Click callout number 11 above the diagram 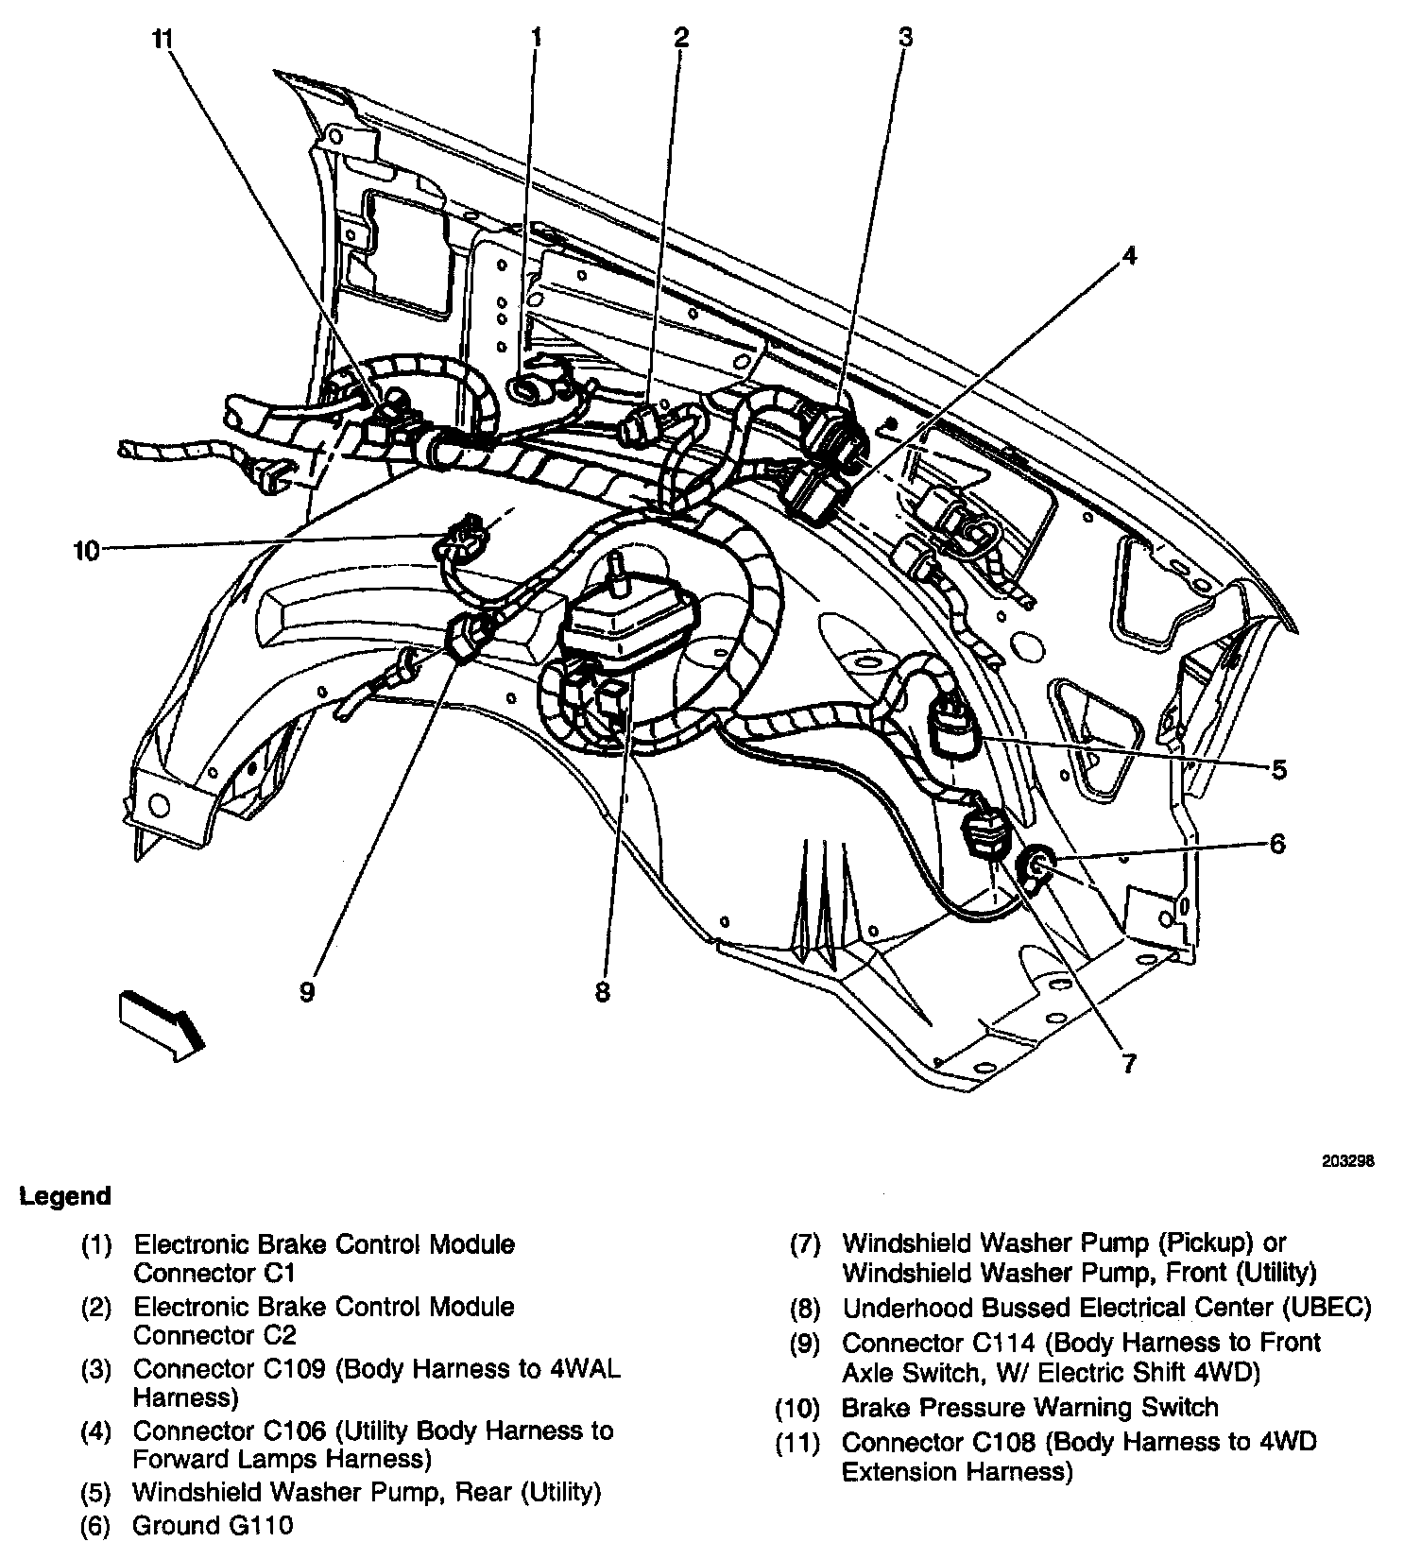[163, 41]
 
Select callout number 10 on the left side [86, 550]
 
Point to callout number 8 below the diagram [603, 992]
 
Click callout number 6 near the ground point [1277, 843]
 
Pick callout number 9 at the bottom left [306, 992]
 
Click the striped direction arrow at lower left [161, 1025]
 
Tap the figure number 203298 [1347, 1161]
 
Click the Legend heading [65, 1196]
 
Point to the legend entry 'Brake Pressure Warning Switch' [1030, 1408]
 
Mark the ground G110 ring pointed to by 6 [1036, 862]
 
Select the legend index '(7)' [805, 1244]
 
